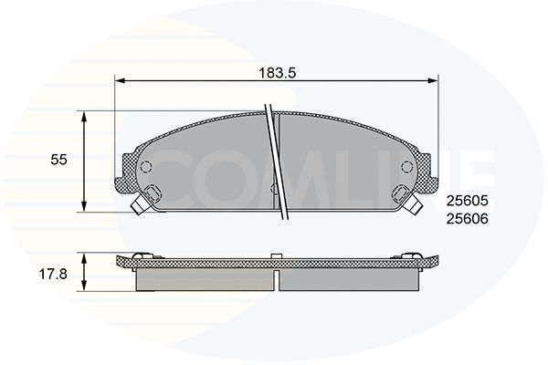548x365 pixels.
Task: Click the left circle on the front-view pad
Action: click(144, 167)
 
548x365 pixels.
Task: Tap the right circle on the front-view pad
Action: click(406, 167)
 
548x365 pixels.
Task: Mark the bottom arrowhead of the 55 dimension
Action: click(85, 207)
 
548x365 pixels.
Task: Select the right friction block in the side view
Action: click(347, 279)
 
